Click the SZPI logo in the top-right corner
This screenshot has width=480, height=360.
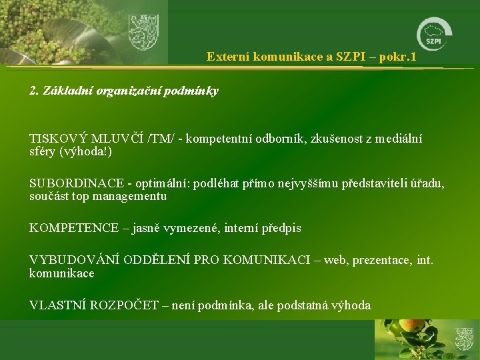(x=435, y=34)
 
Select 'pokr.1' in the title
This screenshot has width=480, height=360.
(x=398, y=57)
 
